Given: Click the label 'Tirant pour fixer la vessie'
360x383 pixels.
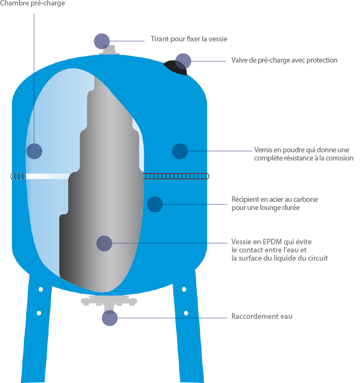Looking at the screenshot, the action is coord(189,39).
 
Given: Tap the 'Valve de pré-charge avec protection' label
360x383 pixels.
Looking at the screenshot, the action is coord(284,60).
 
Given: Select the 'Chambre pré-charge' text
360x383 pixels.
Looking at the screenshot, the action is coord(33,3).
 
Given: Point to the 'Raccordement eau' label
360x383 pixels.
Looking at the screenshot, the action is coord(261,316).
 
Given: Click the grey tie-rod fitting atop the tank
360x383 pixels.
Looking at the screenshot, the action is coord(109,50).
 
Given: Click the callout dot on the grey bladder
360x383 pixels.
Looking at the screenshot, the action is coord(104,243).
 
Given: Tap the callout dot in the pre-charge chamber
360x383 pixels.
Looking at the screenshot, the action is coord(34,151).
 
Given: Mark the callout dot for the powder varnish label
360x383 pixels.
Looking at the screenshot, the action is coord(180,151).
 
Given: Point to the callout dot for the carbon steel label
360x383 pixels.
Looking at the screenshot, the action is coord(155,204).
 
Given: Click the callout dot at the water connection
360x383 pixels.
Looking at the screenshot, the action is coord(109,318).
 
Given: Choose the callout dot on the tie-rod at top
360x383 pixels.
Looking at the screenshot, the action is coord(102,41).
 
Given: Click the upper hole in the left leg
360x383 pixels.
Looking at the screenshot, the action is coord(41,289).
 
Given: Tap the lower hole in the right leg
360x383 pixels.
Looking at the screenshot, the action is coord(186,313).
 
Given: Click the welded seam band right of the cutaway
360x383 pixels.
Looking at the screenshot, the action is coord(176,176).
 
